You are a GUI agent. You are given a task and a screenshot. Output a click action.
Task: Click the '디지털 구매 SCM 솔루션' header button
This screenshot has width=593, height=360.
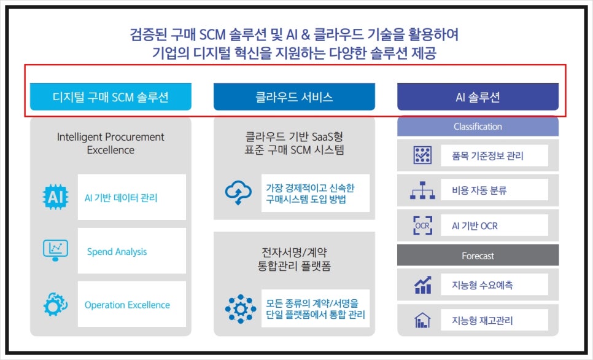coord(110,97)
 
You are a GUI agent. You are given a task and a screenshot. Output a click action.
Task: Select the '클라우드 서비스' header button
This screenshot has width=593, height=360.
coord(294,97)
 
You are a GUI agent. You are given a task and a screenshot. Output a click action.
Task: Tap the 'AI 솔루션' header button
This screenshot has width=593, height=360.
coord(478,97)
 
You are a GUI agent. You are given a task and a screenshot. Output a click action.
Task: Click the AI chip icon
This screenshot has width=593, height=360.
coord(56,197)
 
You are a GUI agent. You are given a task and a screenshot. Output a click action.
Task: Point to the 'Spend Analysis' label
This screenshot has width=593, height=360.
coord(117,251)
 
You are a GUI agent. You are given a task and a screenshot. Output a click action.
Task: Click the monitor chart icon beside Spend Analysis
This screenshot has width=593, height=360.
coord(56,250)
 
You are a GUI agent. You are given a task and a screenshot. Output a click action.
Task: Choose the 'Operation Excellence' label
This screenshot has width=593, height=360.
coord(127,305)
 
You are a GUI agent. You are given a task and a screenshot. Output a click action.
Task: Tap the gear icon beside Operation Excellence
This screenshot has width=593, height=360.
coord(56,304)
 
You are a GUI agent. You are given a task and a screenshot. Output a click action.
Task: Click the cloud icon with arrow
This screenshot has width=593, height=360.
coord(238,193)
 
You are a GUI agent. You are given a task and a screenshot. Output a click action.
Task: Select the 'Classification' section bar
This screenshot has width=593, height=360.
coord(478,127)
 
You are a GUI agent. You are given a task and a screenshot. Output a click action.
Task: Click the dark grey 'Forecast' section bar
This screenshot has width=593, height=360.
coord(478,256)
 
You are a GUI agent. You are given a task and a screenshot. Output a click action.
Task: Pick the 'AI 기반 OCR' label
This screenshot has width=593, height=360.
coord(475,226)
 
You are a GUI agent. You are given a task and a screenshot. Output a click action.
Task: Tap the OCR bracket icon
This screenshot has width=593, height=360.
coord(422,225)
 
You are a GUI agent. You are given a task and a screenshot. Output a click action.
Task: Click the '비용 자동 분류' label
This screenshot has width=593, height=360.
coord(479,190)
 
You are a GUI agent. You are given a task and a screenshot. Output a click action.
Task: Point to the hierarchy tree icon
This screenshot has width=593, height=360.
coord(422,190)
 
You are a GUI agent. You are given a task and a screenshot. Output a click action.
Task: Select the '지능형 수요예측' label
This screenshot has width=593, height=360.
coord(482,285)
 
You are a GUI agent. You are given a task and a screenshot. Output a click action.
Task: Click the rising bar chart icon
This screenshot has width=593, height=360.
coord(423,284)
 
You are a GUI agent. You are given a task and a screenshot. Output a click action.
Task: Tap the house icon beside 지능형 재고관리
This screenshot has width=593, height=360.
coord(422,320)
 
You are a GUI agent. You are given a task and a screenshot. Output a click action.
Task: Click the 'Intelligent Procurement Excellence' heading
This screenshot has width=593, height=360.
coord(110,143)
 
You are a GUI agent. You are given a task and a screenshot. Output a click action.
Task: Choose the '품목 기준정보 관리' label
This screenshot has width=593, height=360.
coord(487,155)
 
